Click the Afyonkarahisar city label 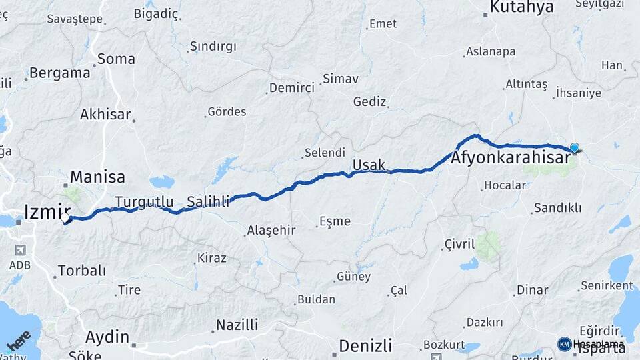tap(511, 159)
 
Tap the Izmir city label tap(47, 211)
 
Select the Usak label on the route tap(369, 165)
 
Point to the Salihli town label tap(209, 201)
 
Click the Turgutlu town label tap(144, 201)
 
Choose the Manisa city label tap(97, 177)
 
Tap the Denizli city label tap(365, 346)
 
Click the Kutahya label tap(522, 7)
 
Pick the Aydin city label tap(107, 336)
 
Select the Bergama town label tap(59, 73)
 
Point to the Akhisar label tap(105, 114)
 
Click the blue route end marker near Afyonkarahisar tap(574, 148)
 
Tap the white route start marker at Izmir tap(65, 218)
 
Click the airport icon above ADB tap(19, 250)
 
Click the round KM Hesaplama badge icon tap(565, 344)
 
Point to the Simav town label tap(340, 79)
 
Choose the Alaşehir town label tap(271, 230)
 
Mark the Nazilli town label tap(237, 325)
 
